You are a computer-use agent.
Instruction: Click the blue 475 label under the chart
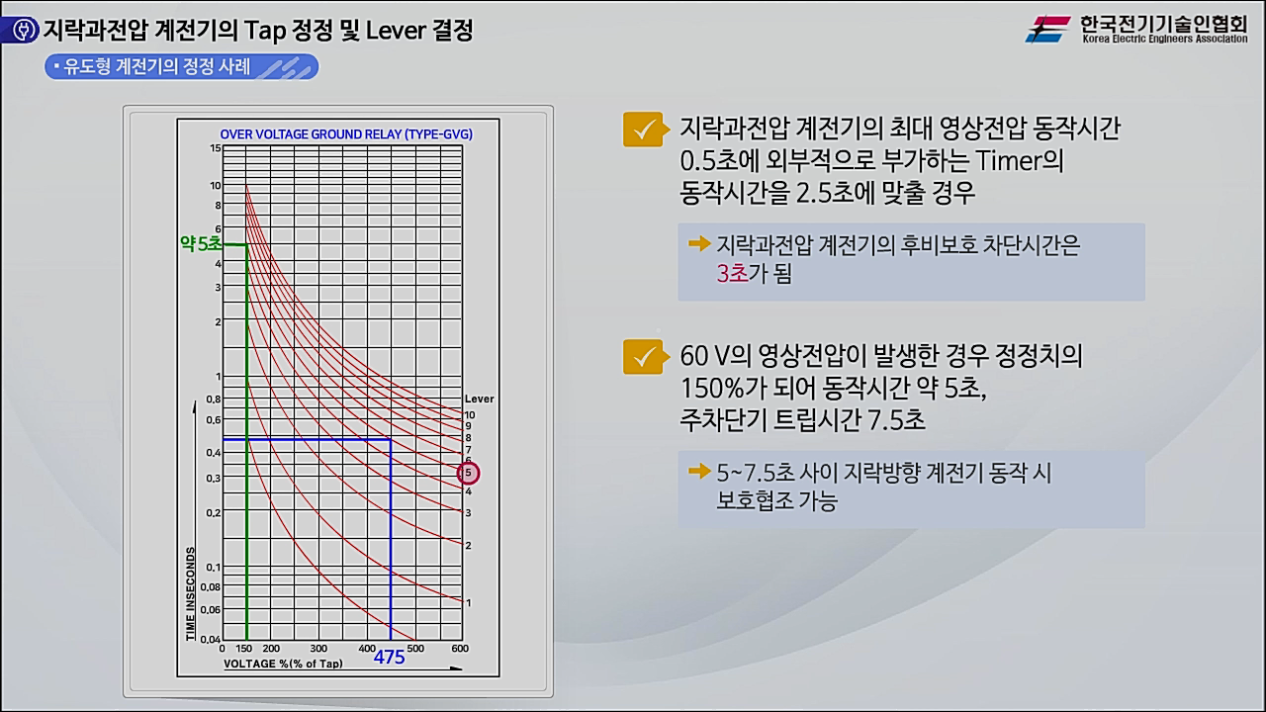tap(389, 656)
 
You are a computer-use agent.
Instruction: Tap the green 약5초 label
tap(201, 243)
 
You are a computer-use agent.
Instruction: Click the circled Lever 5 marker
tap(468, 474)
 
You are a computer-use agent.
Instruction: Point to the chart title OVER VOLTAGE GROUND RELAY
tap(346, 133)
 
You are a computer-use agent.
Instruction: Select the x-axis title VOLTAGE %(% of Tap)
tap(284, 664)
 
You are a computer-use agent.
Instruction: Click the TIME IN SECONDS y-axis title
tap(191, 592)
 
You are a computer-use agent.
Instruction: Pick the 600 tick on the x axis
tap(459, 649)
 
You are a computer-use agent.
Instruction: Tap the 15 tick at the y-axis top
tap(215, 148)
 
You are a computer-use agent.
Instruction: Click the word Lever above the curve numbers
tap(479, 400)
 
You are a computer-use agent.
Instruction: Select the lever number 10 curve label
tap(470, 414)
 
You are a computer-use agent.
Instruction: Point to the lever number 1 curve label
tap(468, 602)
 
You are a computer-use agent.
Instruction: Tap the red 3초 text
tap(733, 274)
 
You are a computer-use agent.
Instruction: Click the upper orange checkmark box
tap(643, 130)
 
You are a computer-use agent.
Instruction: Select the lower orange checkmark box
tap(643, 357)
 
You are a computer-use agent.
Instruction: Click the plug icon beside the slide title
tap(22, 31)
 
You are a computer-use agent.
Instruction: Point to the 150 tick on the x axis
tap(245, 649)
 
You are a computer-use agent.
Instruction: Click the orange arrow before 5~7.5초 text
tap(699, 472)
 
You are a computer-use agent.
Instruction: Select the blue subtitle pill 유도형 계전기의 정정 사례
tap(180, 67)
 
